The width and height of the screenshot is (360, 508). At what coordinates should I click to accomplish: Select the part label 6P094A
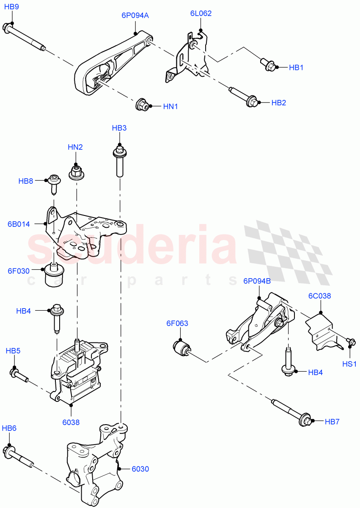pyautogui.click(x=135, y=16)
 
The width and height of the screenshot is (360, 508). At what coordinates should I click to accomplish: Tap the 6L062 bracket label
pyautogui.click(x=201, y=14)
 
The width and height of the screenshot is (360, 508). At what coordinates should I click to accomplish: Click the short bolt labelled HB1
pyautogui.click(x=269, y=65)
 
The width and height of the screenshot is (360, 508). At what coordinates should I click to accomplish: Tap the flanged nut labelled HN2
pyautogui.click(x=76, y=172)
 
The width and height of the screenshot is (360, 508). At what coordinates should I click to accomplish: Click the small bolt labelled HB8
pyautogui.click(x=54, y=182)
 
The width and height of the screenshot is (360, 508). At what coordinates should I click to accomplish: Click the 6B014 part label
pyautogui.click(x=19, y=224)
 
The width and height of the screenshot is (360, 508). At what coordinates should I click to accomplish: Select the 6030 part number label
pyautogui.click(x=140, y=469)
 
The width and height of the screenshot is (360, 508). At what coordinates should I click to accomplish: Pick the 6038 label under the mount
pyautogui.click(x=71, y=422)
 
